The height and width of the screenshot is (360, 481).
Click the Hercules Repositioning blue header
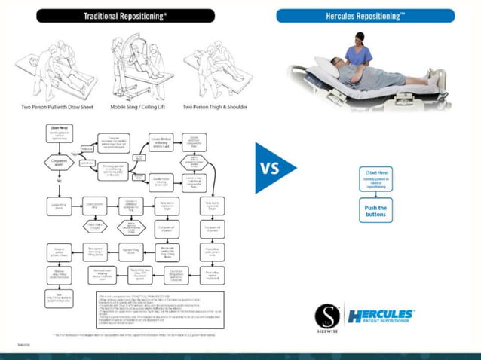pyautogui.click(x=365, y=16)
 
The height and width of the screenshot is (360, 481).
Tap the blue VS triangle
pyautogui.click(x=273, y=168)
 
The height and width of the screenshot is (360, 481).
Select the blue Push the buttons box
pyautogui.click(x=375, y=212)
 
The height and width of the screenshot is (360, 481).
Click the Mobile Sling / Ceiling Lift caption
pyautogui.click(x=133, y=107)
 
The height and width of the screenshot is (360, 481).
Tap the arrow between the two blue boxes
pyautogui.click(x=375, y=197)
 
